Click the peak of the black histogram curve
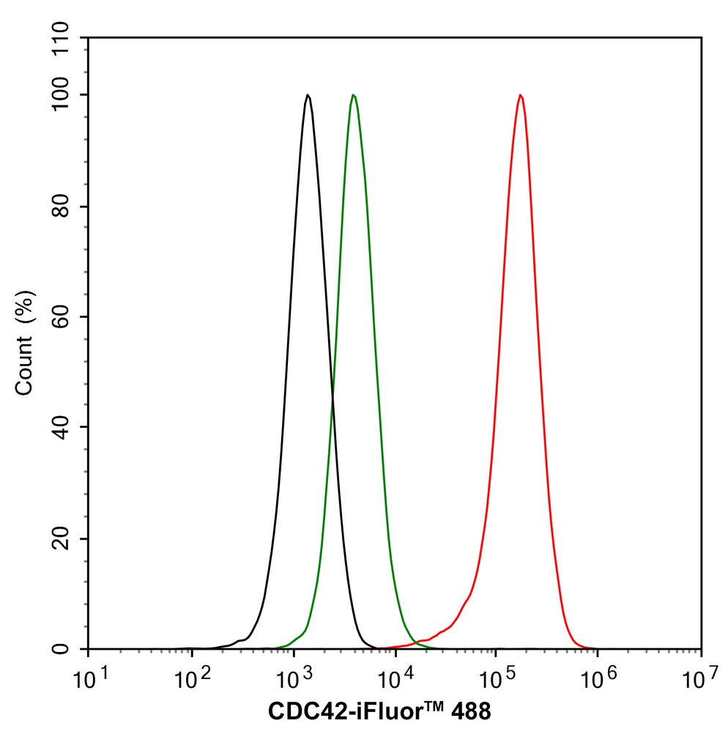(308, 95)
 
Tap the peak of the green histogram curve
(354, 95)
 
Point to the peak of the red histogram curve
(520, 95)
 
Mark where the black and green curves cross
(333, 398)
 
